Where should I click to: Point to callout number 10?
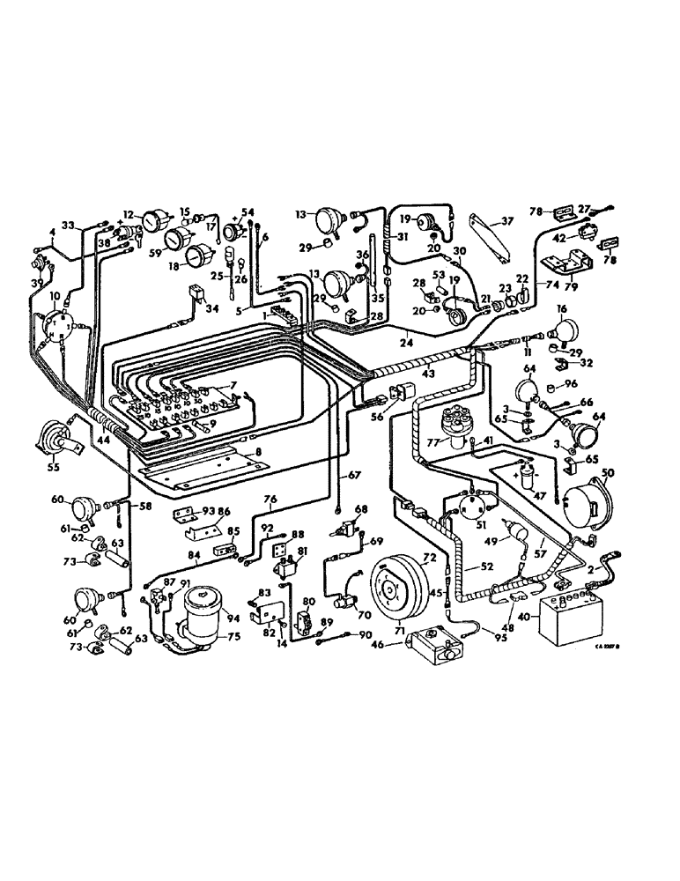pyautogui.click(x=55, y=296)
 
